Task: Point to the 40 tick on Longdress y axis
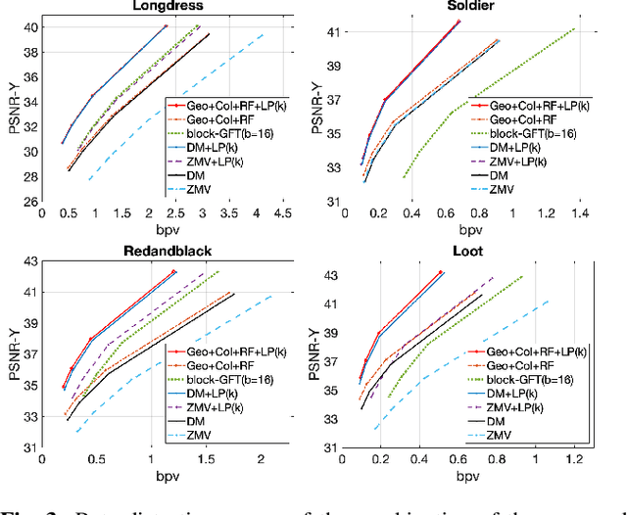pos(29,26)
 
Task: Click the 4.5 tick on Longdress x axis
pos(281,213)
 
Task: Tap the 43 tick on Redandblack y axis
pos(29,260)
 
